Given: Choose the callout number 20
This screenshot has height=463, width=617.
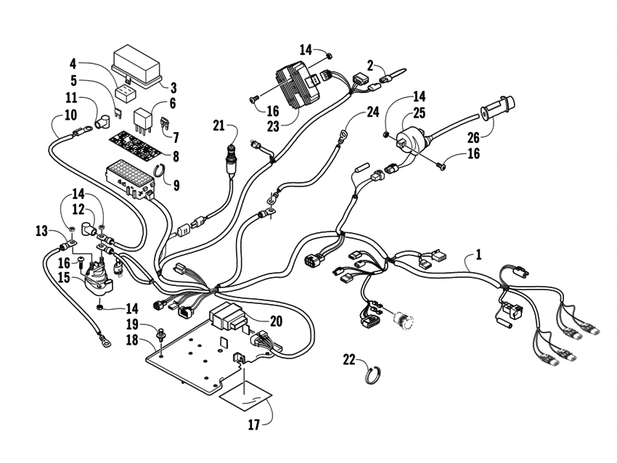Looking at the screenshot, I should (x=275, y=321).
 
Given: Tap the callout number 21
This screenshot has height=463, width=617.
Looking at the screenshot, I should (x=218, y=126).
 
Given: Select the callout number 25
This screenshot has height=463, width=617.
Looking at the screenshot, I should (x=420, y=112).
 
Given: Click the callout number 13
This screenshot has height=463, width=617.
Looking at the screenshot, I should (x=42, y=231).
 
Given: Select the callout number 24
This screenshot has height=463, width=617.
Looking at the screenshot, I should (x=373, y=112).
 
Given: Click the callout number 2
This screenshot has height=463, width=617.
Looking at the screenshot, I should (x=371, y=66).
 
